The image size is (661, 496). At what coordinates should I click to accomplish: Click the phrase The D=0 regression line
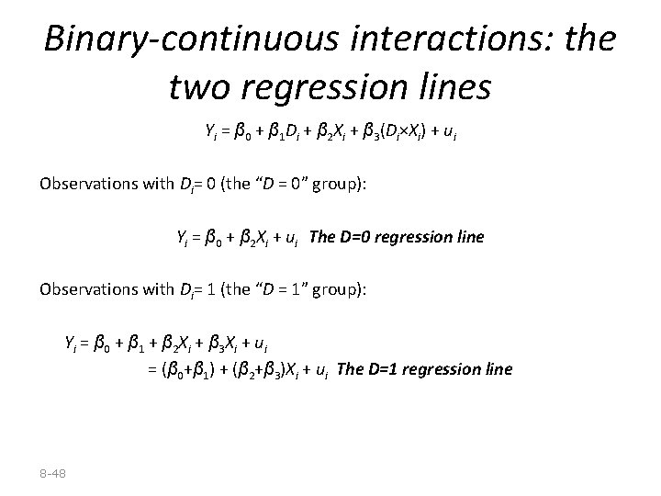(x=397, y=238)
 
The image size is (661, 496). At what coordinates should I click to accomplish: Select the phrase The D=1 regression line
(x=424, y=370)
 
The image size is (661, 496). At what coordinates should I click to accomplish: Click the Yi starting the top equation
(x=210, y=135)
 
